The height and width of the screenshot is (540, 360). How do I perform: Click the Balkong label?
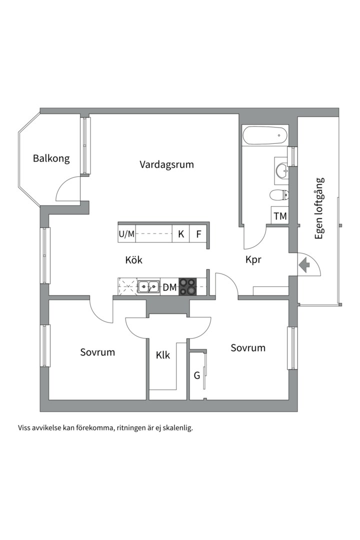(x=51, y=159)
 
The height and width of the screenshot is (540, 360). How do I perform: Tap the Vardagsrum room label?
(x=166, y=164)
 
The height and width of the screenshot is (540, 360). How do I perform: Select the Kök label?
(x=134, y=260)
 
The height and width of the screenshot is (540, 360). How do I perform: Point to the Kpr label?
(x=253, y=260)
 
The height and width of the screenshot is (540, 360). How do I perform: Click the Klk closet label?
(x=163, y=355)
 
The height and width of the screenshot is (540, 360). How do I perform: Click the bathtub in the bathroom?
(x=264, y=135)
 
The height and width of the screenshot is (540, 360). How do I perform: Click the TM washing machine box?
(x=280, y=216)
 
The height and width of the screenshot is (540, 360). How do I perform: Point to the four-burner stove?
(x=188, y=287)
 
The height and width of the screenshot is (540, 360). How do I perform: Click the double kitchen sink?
(x=148, y=287)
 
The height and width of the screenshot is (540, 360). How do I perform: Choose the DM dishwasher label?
(x=169, y=287)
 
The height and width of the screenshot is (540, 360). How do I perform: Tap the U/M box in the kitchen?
(x=126, y=233)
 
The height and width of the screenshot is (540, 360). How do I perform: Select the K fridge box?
(x=181, y=233)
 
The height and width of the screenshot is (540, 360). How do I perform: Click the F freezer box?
(x=198, y=233)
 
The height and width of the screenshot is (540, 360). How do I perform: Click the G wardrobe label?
(x=197, y=375)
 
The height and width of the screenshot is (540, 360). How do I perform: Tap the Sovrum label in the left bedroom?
(x=97, y=352)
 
